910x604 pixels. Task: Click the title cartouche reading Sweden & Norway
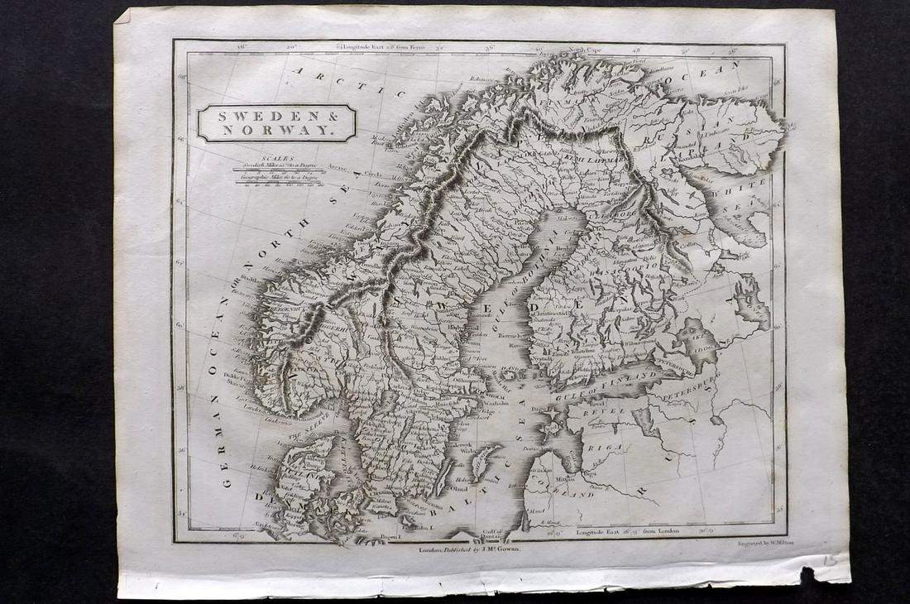tap(276, 122)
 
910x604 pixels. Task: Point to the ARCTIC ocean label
tap(331, 84)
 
